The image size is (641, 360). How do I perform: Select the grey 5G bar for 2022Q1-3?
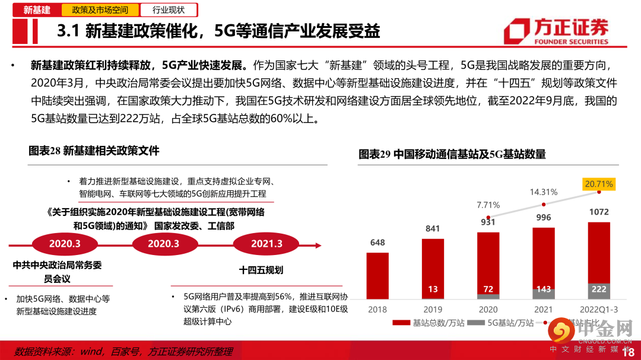pyautogui.click(x=599, y=291)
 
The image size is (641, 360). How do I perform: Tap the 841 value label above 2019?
pyautogui.click(x=433, y=229)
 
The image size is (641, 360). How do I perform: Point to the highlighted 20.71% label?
pyautogui.click(x=599, y=184)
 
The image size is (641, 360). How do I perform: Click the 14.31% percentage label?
pyautogui.click(x=544, y=192)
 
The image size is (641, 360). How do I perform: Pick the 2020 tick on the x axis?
pyautogui.click(x=488, y=309)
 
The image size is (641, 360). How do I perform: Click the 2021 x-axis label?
pyautogui.click(x=544, y=309)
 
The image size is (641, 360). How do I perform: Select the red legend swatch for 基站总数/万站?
pyautogui.click(x=402, y=323)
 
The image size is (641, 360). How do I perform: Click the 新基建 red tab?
pyautogui.click(x=37, y=10)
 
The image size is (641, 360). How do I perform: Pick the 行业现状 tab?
pyautogui.click(x=169, y=10)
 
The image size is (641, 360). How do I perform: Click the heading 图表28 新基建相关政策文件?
pyautogui.click(x=94, y=151)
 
